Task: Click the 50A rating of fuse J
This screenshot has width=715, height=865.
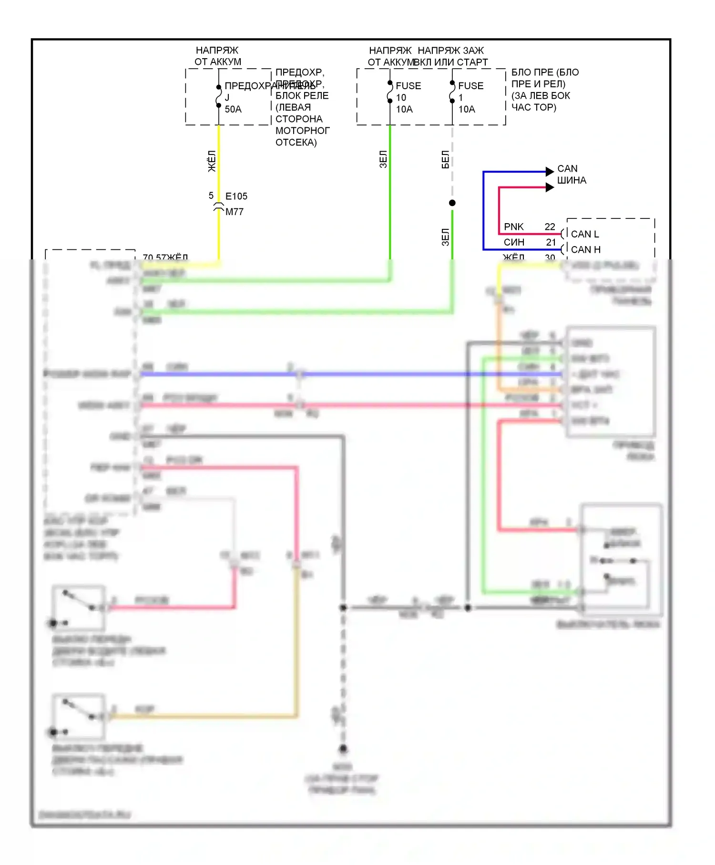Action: tap(233, 109)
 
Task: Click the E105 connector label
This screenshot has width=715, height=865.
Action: tap(236, 196)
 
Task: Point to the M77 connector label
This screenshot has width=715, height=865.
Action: tap(234, 212)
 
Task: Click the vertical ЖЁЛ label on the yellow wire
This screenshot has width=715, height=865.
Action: tap(212, 161)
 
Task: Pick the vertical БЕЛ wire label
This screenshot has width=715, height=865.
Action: tap(445, 159)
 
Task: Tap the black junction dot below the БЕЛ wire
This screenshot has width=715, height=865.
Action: tap(452, 203)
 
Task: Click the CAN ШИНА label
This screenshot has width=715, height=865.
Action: tap(571, 175)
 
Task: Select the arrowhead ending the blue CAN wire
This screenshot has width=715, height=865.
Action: tap(550, 171)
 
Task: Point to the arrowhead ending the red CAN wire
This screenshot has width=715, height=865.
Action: tap(550, 187)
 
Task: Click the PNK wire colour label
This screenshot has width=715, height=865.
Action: tap(513, 227)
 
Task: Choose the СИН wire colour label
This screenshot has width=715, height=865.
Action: tap(514, 242)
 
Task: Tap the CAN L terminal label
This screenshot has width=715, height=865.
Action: tap(585, 234)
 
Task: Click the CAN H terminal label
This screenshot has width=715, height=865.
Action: tap(585, 249)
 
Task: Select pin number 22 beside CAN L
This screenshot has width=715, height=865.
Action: tap(550, 227)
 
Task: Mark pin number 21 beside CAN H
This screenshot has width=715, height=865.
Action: tap(551, 242)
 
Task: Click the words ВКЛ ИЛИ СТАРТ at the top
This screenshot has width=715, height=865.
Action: tap(451, 62)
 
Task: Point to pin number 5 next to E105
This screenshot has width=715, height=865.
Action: tap(211, 196)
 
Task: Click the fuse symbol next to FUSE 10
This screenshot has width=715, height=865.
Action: tap(390, 92)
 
